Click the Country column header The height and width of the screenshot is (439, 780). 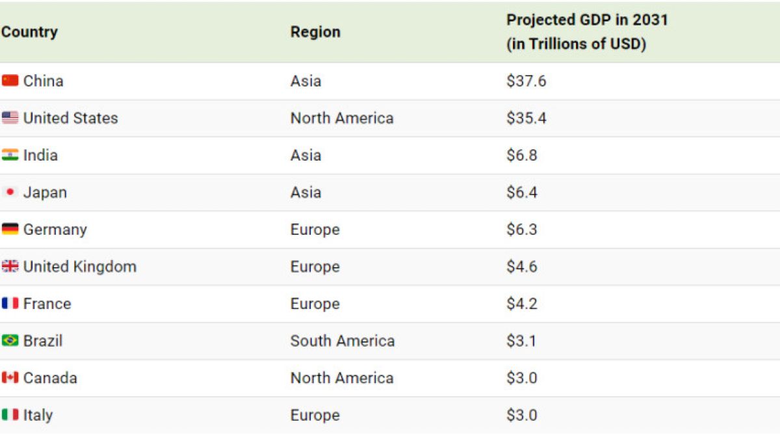[30, 32]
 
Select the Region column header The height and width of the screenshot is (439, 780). [315, 32]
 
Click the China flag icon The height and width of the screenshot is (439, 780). [10, 81]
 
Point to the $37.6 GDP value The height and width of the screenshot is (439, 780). [526, 81]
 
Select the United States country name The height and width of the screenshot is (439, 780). [71, 118]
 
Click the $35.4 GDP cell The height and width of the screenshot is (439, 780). [526, 118]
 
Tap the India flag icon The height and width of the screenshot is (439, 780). [10, 155]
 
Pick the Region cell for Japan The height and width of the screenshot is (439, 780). [305, 193]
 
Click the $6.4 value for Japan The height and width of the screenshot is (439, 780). [521, 193]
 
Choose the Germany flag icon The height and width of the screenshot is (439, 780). [10, 229]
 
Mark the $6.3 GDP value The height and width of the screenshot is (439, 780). [521, 229]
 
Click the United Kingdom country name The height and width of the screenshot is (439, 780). [80, 267]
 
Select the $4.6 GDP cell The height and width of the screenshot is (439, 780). [521, 267]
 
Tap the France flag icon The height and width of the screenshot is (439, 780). [10, 303]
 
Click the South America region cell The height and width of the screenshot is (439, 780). [343, 341]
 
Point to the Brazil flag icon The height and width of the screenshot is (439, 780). [10, 340]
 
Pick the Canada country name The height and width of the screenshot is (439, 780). [50, 378]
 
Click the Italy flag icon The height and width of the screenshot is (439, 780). [10, 415]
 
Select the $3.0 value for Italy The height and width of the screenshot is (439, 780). [521, 415]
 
